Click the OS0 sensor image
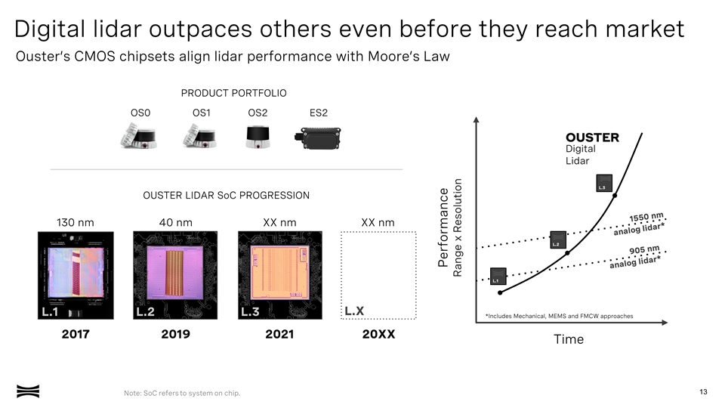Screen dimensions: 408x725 [139, 137]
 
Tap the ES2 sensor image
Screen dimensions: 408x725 [319, 138]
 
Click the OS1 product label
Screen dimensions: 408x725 [201, 113]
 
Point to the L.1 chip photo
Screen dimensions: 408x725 [76, 275]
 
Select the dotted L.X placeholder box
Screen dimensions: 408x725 [378, 275]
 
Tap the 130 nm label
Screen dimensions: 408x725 [76, 222]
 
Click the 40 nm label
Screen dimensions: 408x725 [175, 222]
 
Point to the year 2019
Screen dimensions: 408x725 [175, 335]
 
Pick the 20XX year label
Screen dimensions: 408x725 [378, 335]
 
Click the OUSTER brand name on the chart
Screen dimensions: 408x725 [592, 138]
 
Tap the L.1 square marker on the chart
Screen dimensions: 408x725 [498, 277]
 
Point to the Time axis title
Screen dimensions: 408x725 [568, 339]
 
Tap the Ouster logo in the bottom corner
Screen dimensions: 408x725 [28, 391]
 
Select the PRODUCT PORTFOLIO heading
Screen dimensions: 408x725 [233, 93]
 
